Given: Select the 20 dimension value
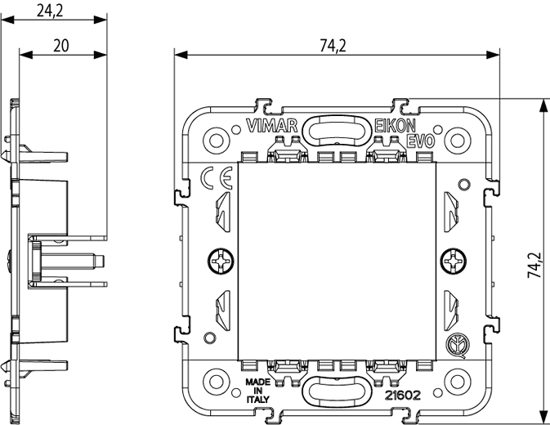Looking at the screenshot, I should pyautogui.click(x=60, y=46).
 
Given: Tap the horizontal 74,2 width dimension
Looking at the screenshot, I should pyautogui.click(x=332, y=46).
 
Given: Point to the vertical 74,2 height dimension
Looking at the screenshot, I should pyautogui.click(x=534, y=263).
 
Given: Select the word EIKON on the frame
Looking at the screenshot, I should pyautogui.click(x=396, y=126).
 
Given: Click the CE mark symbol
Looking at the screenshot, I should pyautogui.click(x=217, y=177).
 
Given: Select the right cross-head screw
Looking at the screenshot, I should pyautogui.click(x=451, y=262).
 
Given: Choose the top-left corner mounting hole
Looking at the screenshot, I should pyautogui.click(x=215, y=139).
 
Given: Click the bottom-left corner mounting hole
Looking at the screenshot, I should pyautogui.click(x=215, y=382).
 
